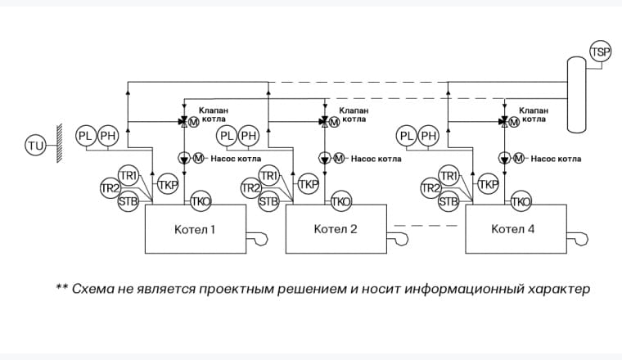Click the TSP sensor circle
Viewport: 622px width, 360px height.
(x=601, y=52)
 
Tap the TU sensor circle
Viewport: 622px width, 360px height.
(x=35, y=146)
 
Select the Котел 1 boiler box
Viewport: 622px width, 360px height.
(x=195, y=229)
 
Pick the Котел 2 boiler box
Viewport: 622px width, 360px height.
(x=336, y=229)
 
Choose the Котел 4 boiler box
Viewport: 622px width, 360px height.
(x=515, y=229)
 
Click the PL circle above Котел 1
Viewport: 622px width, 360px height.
(x=87, y=135)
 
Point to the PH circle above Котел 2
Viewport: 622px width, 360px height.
(x=249, y=135)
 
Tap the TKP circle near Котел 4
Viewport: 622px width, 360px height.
(x=489, y=184)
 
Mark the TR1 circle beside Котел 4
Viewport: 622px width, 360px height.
(x=448, y=175)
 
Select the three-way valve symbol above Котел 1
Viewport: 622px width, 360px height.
(x=183, y=122)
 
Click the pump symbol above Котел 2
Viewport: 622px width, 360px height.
(x=325, y=158)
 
